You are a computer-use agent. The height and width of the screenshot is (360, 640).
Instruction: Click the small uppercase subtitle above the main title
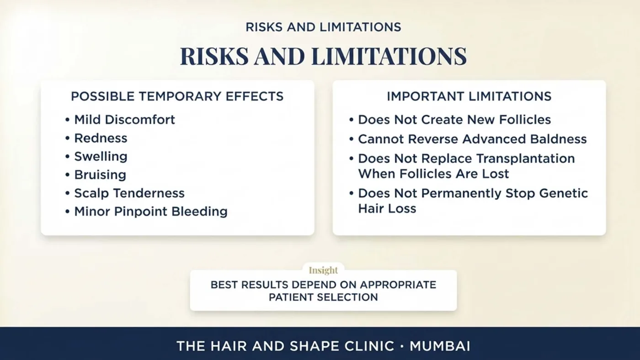click(x=324, y=27)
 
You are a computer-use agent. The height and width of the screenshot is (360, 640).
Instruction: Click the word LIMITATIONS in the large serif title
click(x=389, y=56)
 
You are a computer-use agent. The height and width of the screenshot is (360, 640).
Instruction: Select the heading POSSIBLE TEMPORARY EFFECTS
click(x=177, y=96)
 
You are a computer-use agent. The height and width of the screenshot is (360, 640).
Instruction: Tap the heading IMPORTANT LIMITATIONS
click(x=469, y=96)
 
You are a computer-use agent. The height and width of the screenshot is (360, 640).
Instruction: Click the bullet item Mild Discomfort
click(x=124, y=120)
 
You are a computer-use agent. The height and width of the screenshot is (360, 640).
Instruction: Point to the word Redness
click(x=101, y=138)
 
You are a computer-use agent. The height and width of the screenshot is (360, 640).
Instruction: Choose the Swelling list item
click(x=101, y=157)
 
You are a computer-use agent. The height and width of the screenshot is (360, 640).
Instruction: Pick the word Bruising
click(x=100, y=175)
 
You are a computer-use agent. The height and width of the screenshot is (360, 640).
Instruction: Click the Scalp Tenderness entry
click(x=129, y=193)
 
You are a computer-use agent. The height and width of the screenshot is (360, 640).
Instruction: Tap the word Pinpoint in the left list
click(x=141, y=212)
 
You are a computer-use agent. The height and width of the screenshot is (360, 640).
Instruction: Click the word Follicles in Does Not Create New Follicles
click(x=525, y=120)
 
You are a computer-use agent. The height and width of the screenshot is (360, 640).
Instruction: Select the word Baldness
click(x=558, y=139)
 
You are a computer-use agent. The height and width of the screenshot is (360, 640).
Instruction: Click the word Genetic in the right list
click(x=563, y=193)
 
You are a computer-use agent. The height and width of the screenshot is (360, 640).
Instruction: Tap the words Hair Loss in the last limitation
click(x=387, y=208)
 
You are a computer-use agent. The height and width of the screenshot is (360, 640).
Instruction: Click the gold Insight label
click(x=324, y=270)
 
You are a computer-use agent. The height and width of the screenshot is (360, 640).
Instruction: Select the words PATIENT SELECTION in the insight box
click(x=324, y=297)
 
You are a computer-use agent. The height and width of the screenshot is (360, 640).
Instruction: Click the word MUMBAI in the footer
click(x=440, y=346)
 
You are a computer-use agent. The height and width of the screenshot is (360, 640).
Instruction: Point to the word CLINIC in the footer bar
click(x=369, y=346)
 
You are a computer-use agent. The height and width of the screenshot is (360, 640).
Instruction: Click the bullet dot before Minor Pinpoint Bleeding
click(x=68, y=212)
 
